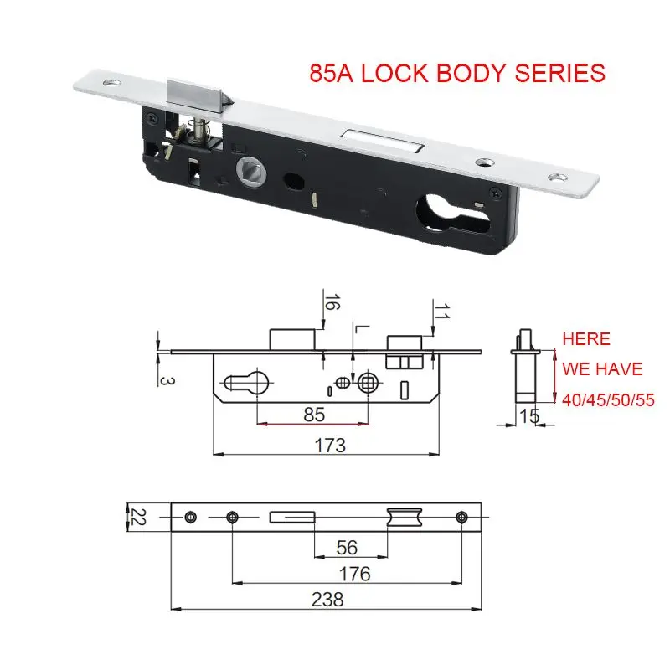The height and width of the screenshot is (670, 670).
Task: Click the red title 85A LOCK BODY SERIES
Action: pos(456,73)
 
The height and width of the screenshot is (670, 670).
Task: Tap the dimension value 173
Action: pos(330,445)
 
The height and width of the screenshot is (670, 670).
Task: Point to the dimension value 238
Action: pos(326,599)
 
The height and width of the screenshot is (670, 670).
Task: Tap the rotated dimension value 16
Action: pos(332,304)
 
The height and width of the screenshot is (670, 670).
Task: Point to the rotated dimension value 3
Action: pos(165,379)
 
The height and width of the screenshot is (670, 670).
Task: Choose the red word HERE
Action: pos(586,339)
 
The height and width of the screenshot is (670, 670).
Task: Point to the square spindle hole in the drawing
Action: pos(367,383)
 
